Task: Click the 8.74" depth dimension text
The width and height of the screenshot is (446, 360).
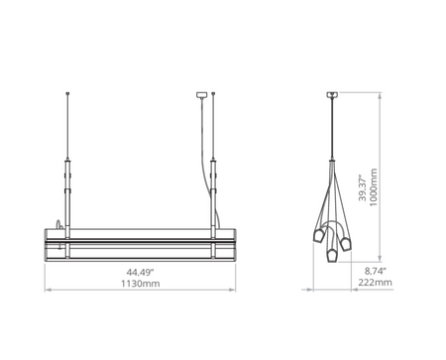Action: coord(374,270)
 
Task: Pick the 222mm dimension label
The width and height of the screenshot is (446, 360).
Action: coord(374,283)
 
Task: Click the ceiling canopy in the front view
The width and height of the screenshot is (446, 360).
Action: coord(205,95)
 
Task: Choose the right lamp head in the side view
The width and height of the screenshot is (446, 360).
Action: coord(347,242)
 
